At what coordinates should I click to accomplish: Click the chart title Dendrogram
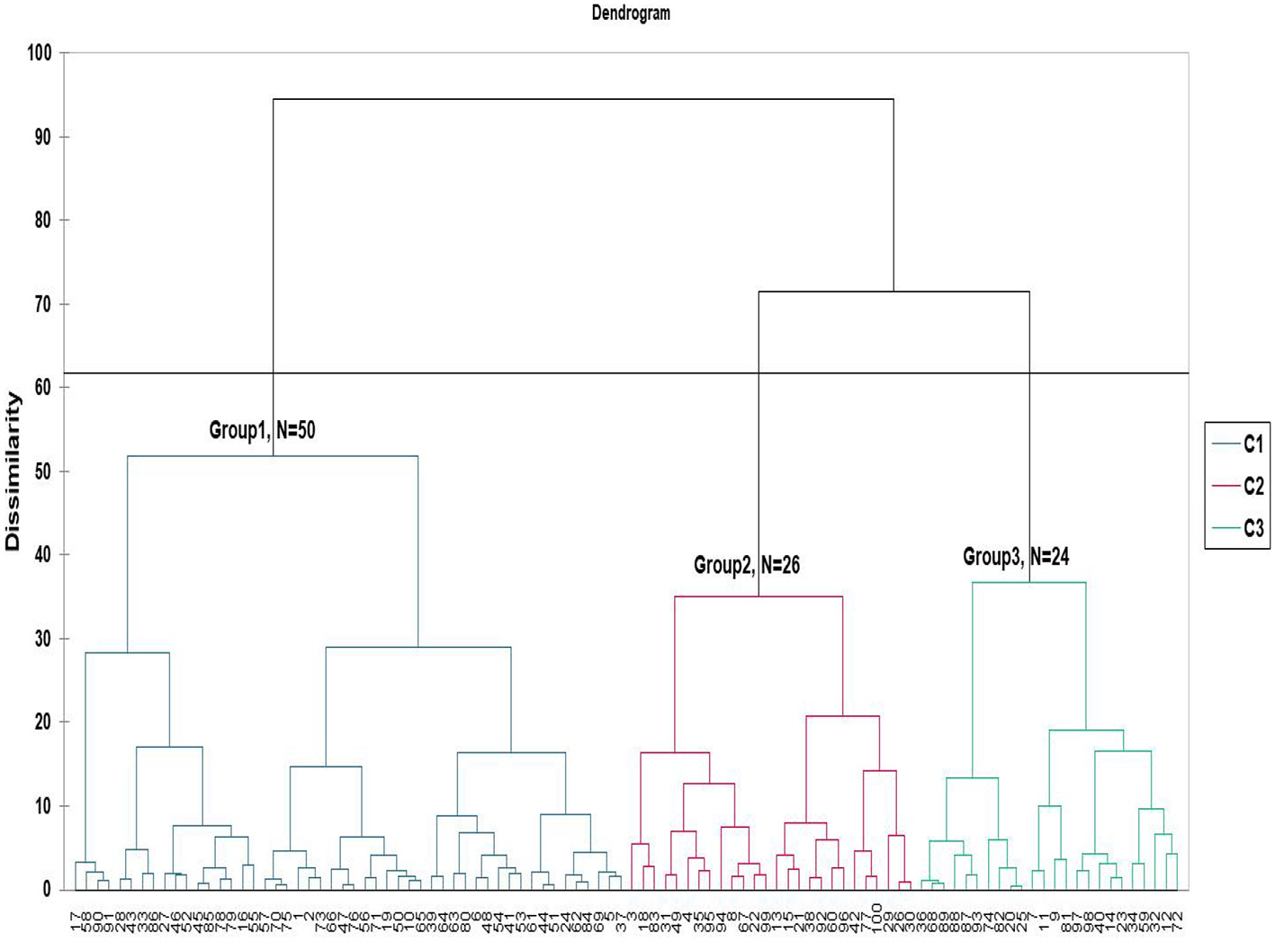[630, 13]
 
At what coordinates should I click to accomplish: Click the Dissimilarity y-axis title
[13, 471]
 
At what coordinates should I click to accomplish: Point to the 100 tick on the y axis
[40, 53]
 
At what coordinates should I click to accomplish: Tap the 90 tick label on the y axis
[42, 137]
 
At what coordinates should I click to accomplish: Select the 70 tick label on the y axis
[42, 304]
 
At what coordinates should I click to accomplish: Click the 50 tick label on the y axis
[42, 471]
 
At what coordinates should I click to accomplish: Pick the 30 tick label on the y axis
[42, 639]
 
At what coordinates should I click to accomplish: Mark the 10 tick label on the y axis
[42, 806]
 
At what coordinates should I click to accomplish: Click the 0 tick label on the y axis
[46, 889]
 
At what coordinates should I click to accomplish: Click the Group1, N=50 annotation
[262, 430]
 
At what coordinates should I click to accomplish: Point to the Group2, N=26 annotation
[746, 565]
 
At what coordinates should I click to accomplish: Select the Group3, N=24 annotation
[1016, 557]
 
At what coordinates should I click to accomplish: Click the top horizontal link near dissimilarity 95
[583, 99]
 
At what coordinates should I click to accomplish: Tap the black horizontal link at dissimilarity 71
[893, 292]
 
